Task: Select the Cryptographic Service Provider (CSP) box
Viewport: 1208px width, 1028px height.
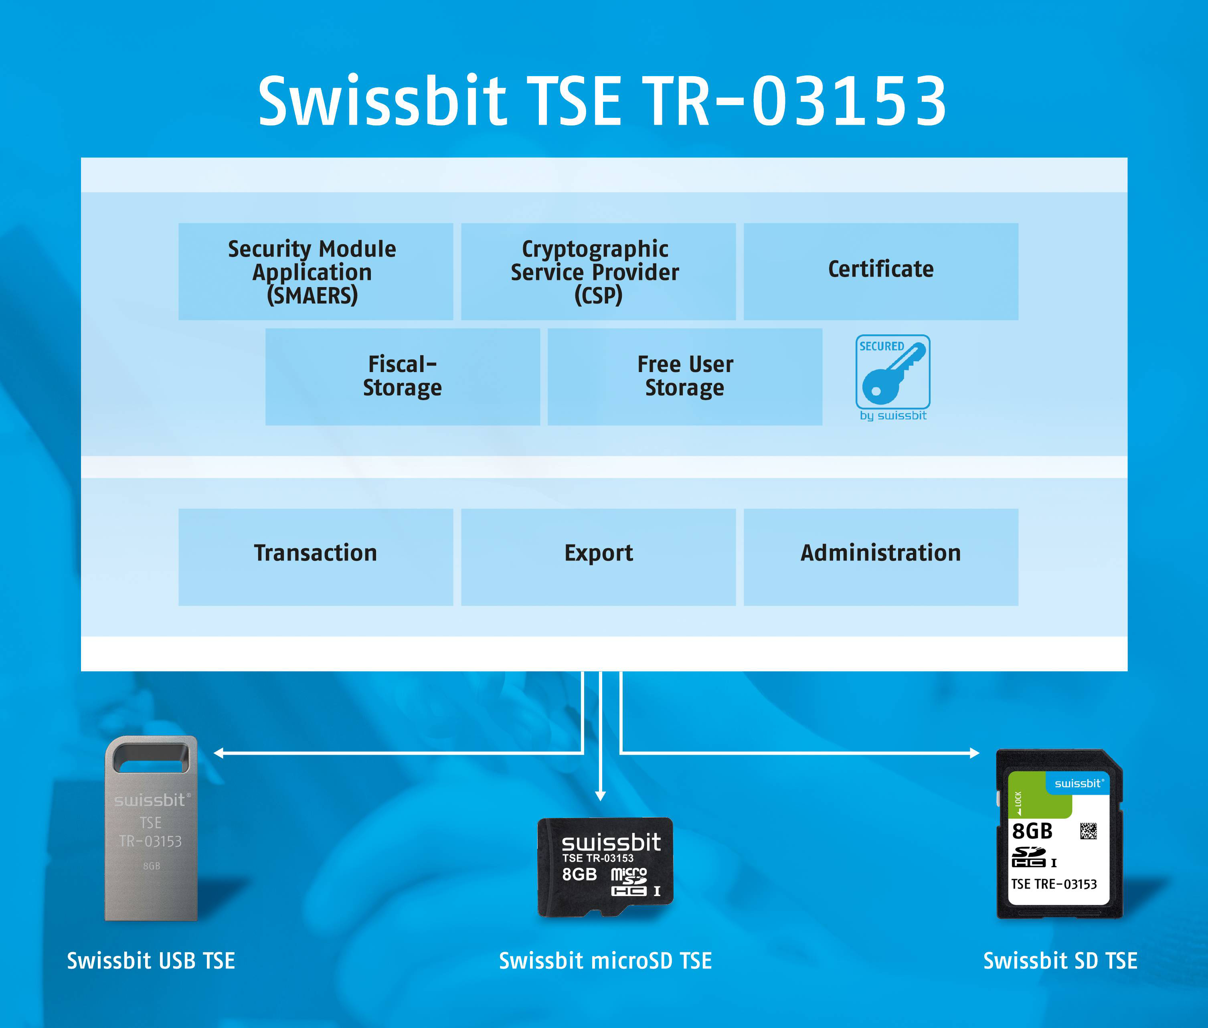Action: [x=599, y=271]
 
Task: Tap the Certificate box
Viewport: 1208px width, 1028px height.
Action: [x=881, y=271]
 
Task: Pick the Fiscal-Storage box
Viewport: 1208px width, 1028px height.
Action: [x=403, y=376]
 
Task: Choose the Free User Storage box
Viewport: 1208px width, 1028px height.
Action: [x=685, y=376]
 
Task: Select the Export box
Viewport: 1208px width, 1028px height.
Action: [x=599, y=557]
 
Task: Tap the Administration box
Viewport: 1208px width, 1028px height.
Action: [x=881, y=557]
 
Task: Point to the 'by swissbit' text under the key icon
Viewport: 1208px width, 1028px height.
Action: [x=893, y=415]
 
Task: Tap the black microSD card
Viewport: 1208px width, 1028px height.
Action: [x=605, y=866]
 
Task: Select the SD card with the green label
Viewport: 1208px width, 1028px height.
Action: [x=1059, y=834]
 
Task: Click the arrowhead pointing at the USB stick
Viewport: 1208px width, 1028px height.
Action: [x=219, y=753]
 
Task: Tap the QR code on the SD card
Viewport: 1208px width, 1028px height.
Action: [x=1089, y=830]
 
